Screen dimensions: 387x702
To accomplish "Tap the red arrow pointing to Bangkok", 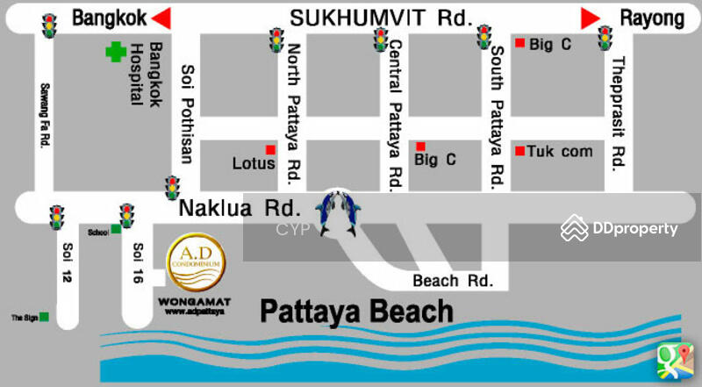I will point(160,18).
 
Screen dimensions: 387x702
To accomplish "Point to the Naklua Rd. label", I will point(240,209).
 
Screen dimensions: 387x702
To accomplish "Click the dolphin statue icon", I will point(339,212).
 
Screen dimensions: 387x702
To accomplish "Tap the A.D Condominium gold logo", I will point(195,265).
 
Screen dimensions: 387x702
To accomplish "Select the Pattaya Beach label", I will point(356,311).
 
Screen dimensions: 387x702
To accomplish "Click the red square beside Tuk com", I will point(519,150).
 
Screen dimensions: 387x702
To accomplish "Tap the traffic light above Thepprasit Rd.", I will point(605,38).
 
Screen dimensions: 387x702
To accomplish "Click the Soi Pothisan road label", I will point(186,113).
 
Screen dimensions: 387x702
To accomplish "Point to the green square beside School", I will point(115,229).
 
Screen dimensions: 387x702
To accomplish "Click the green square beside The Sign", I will point(44,316).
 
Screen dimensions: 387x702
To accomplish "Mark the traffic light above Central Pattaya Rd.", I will point(381,39).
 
